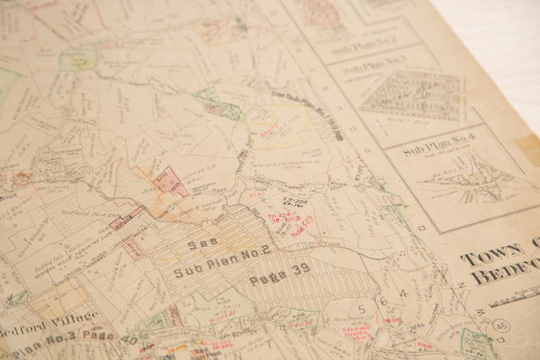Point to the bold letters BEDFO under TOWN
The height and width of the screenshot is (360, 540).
pyautogui.click(x=505, y=274)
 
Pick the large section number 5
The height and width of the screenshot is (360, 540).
pyautogui.click(x=361, y=309)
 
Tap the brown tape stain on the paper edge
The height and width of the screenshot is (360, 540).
pyautogui.click(x=528, y=148)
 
